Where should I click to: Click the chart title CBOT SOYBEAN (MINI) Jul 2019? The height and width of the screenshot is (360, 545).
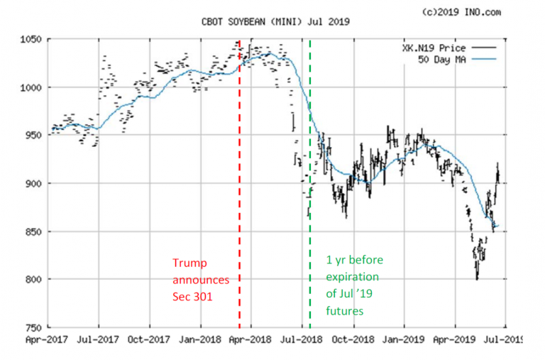coord(272,23)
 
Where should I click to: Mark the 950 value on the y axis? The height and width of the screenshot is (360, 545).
coord(31,135)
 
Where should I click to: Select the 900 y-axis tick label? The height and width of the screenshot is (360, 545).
coord(31,183)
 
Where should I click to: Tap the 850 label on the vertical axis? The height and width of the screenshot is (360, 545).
coord(31,231)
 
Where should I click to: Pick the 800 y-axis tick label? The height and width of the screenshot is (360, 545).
coord(31,279)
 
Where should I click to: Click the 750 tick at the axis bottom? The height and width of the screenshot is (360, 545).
coord(31,327)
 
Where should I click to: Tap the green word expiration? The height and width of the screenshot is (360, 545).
coord(353,277)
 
